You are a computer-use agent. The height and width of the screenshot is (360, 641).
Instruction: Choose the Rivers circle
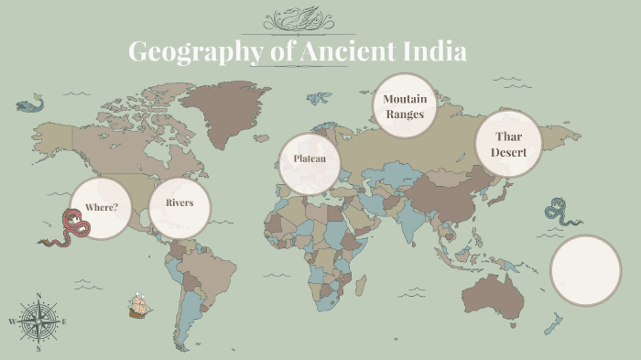point(179,202)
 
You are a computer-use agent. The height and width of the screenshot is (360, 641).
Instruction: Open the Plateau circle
point(310,161)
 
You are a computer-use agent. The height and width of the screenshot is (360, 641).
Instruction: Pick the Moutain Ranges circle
point(404,106)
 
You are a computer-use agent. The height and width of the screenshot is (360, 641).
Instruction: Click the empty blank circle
point(585,270)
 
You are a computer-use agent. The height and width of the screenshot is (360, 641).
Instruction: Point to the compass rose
point(38,322)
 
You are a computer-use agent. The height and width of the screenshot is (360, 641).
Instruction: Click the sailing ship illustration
point(139,305)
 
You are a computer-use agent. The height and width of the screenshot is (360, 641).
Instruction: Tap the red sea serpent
point(67,229)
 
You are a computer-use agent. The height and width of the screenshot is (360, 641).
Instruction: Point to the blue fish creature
point(30,104)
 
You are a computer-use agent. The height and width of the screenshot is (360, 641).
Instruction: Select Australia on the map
point(495,290)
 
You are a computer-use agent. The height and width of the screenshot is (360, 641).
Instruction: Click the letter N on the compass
point(38,296)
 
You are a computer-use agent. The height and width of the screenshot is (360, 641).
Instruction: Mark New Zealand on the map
point(552,323)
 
